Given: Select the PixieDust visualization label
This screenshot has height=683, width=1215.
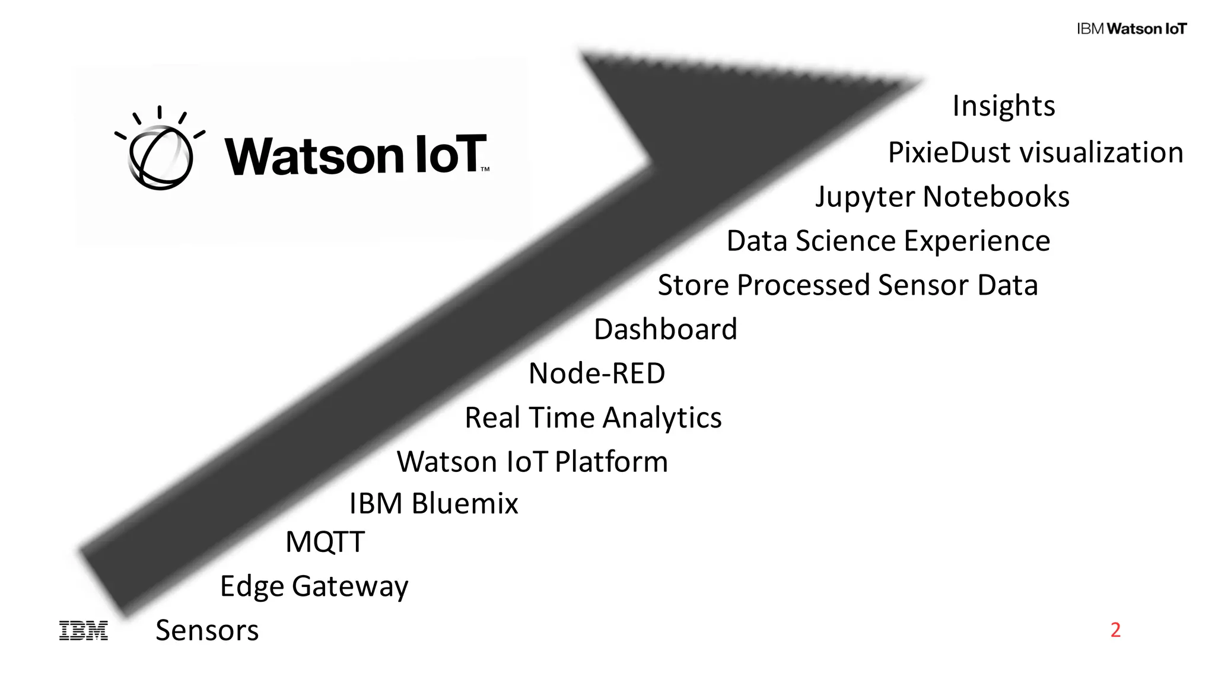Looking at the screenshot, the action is pos(1035,153).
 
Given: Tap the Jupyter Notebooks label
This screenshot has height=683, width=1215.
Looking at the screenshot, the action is pos(942,197).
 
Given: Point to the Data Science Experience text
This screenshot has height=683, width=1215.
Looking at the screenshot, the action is pos(888,241).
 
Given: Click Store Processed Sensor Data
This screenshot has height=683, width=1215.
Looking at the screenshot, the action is pos(848,285).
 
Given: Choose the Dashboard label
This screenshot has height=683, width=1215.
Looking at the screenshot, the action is pos(665,330).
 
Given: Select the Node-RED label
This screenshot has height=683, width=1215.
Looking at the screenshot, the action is pos(596,374).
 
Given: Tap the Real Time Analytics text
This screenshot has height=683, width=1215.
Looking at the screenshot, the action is pos(593,418).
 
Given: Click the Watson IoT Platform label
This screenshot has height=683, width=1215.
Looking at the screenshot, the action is pos(532,462).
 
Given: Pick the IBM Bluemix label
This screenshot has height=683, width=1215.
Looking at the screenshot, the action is pos(433,503).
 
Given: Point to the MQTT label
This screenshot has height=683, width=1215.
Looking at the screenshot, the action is pos(325,542).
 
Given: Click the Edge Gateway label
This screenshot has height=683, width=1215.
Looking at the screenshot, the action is pos(314,586).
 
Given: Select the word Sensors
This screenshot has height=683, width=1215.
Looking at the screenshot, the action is pos(207,630).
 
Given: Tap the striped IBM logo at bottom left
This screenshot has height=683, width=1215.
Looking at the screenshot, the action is pos(84,631).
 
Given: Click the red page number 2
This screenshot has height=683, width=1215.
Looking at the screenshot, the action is pos(1115,630).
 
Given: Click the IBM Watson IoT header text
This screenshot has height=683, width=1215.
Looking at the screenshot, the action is pos(1131,29).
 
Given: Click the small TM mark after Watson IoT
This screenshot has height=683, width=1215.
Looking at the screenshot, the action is pos(485,170).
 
